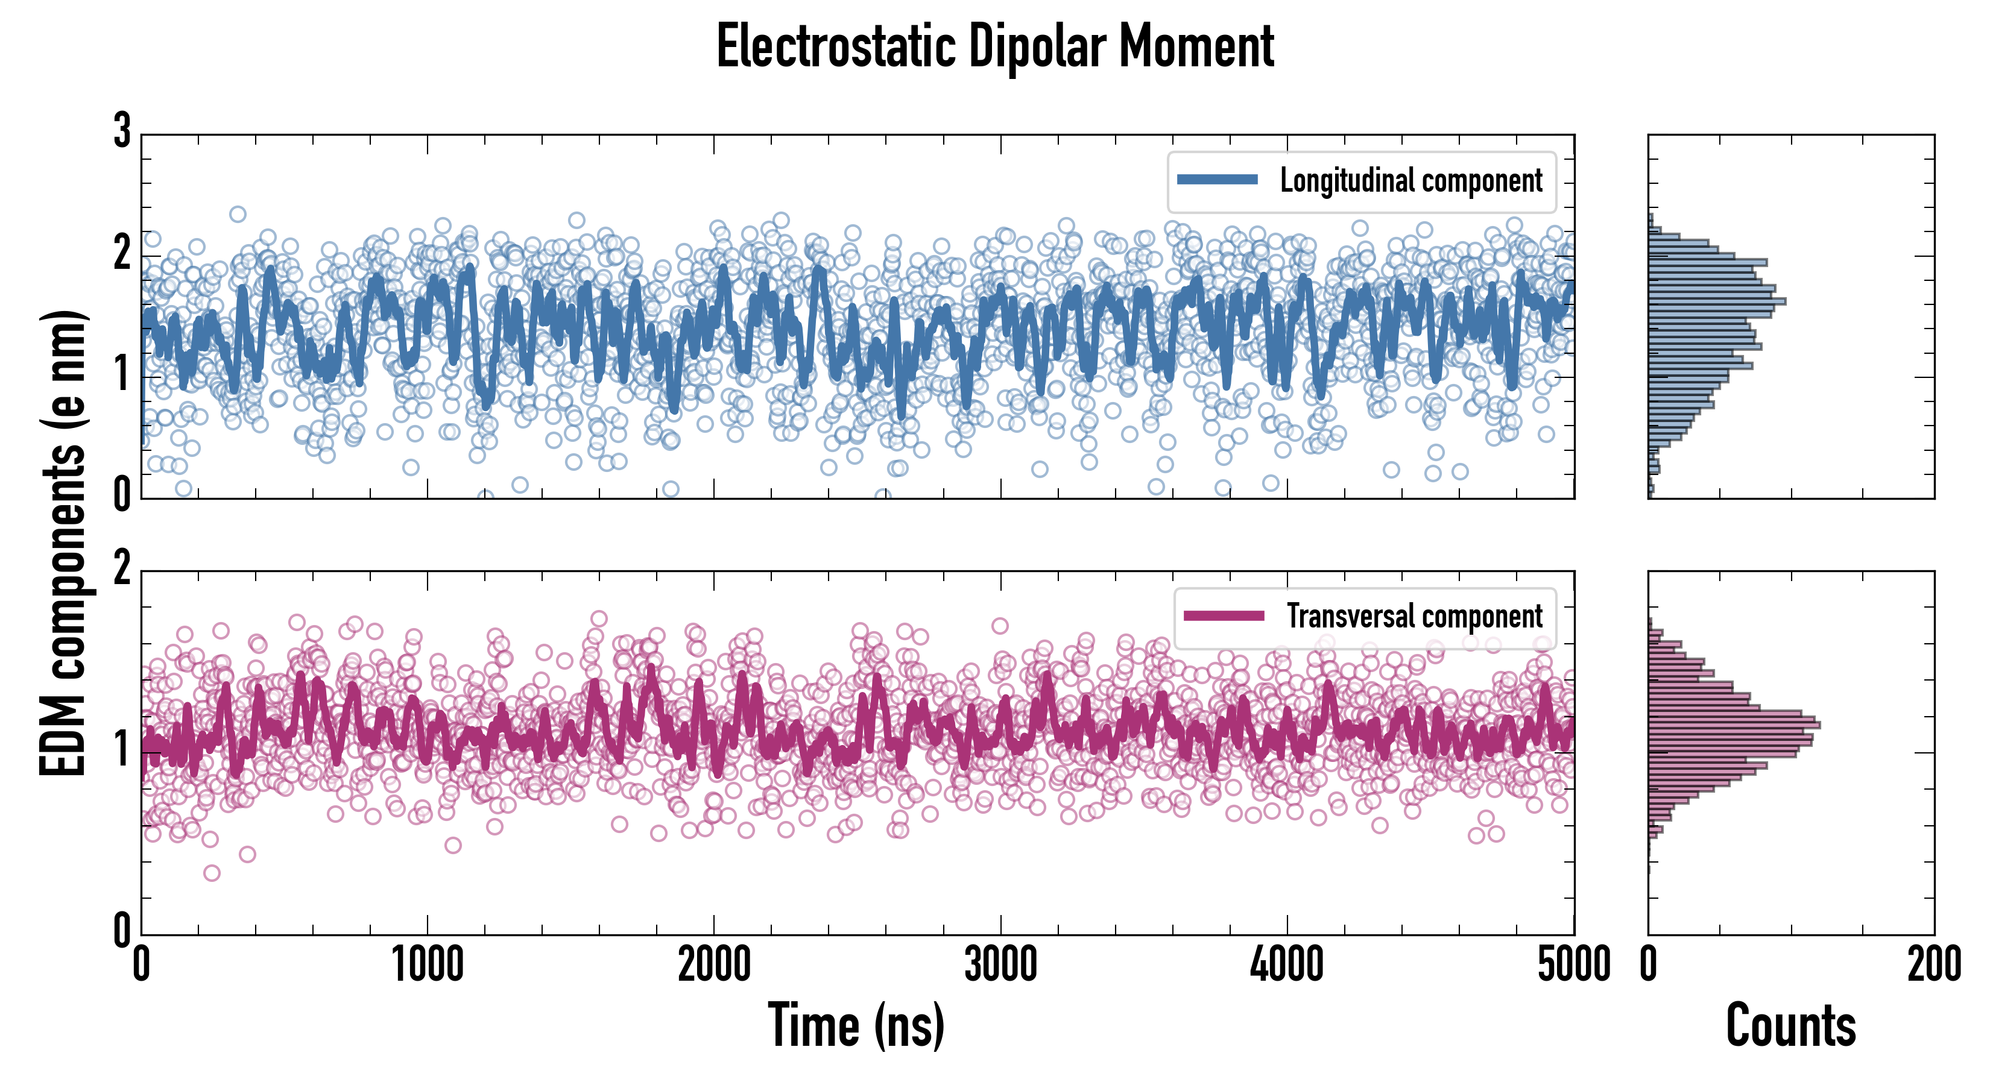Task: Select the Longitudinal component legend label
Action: (1410, 181)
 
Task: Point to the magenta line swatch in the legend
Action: (1224, 615)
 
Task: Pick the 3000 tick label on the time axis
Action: (1001, 964)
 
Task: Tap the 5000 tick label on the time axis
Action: (1574, 964)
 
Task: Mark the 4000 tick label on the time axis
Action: (1287, 964)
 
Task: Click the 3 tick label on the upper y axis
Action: (122, 131)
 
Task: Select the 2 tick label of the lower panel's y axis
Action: (122, 569)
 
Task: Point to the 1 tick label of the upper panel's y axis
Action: (122, 376)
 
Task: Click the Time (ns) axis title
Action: (856, 1025)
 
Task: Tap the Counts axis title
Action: (1790, 1025)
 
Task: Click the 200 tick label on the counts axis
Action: (1933, 964)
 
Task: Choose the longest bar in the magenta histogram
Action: (1734, 725)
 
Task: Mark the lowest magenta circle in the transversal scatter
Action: (212, 873)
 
